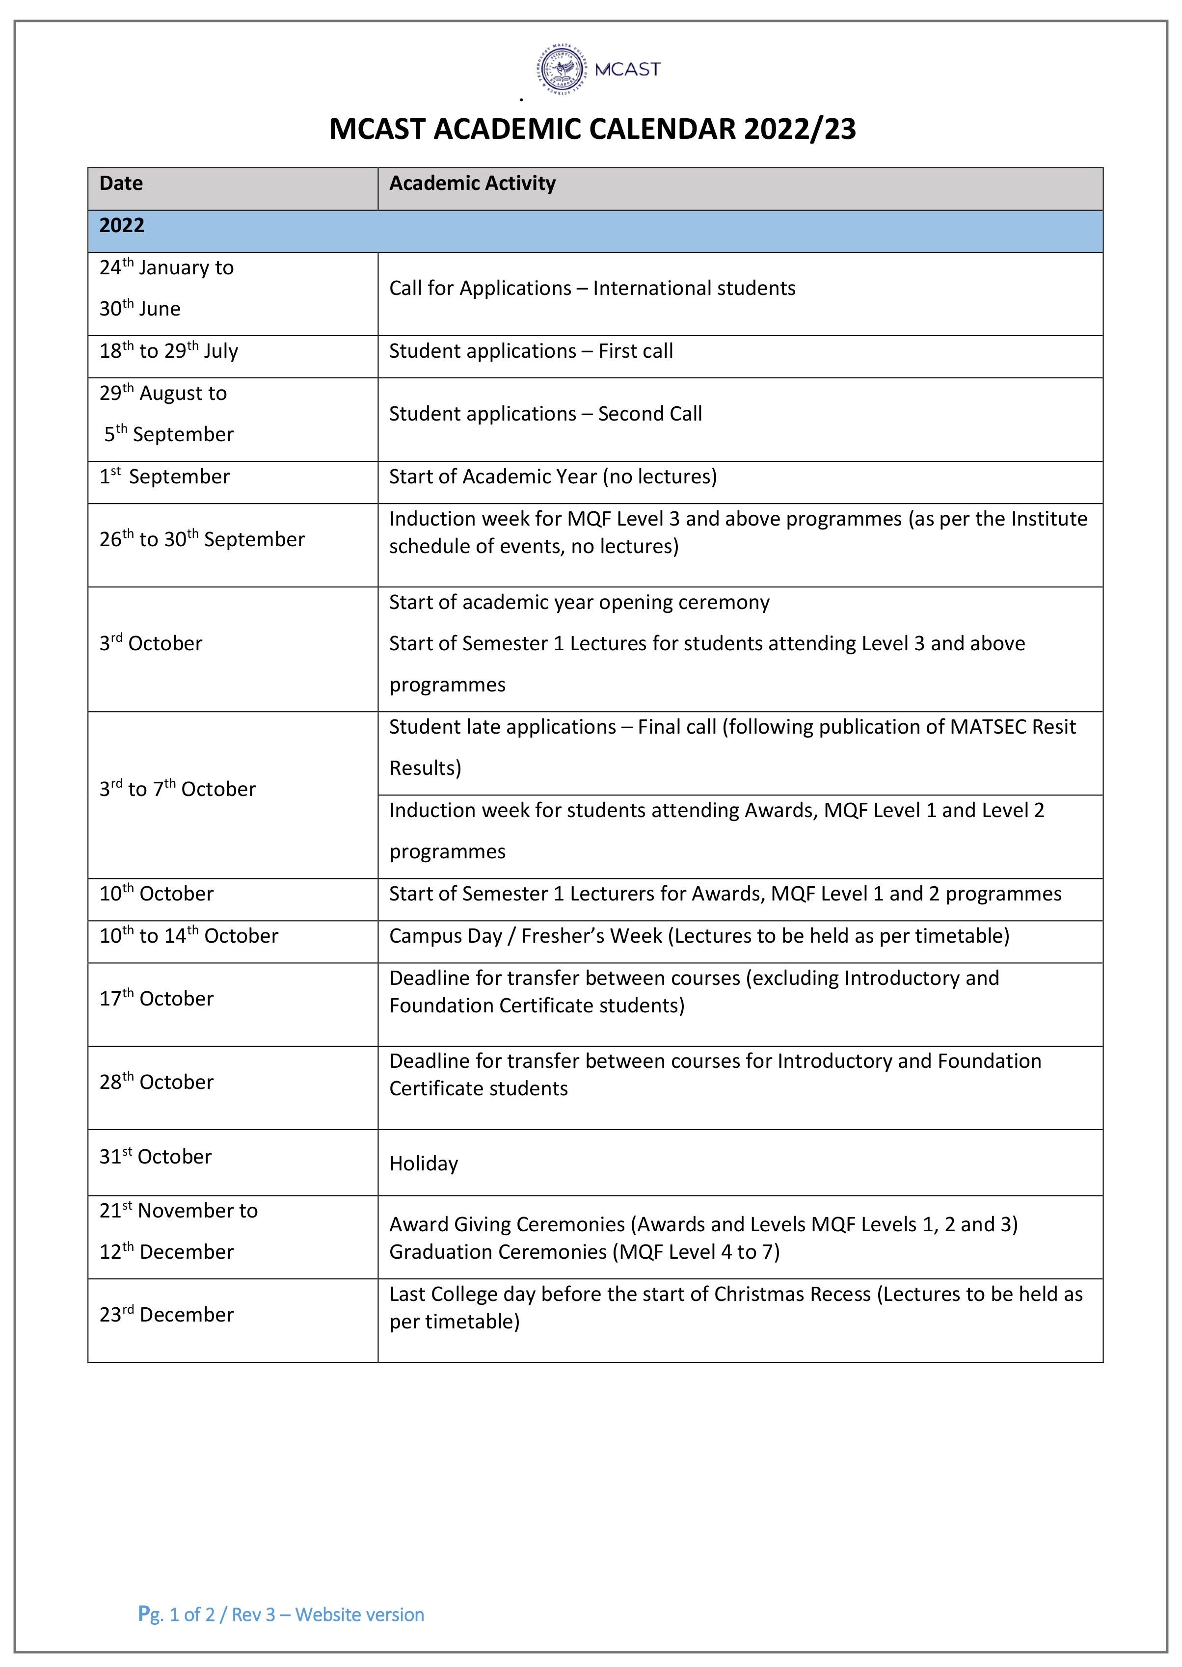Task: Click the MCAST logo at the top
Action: click(x=598, y=70)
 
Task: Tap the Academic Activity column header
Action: click(x=472, y=184)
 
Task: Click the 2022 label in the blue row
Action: click(x=122, y=226)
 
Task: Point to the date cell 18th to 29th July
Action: click(x=168, y=351)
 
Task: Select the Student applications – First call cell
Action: click(x=531, y=351)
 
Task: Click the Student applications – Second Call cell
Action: click(x=545, y=414)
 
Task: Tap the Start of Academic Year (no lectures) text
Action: click(x=552, y=476)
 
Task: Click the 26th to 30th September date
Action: click(x=202, y=539)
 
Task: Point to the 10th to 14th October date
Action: click(x=188, y=936)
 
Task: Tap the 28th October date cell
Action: click(x=157, y=1082)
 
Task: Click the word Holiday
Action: click(x=424, y=1164)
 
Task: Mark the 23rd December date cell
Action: click(x=167, y=1314)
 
